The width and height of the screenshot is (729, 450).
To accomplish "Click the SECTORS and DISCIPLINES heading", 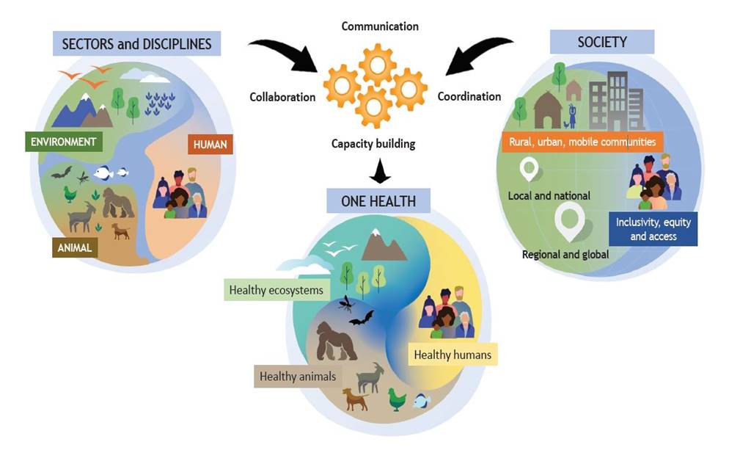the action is [136, 44].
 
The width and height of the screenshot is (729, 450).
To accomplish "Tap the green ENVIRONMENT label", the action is [63, 142].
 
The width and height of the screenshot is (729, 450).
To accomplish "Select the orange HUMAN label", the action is [210, 145].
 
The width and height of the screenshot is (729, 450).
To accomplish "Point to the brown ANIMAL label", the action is [74, 247].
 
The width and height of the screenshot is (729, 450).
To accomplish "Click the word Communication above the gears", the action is [380, 26].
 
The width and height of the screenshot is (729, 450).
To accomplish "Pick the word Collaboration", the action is [282, 97].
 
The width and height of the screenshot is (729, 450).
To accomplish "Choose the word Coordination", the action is [469, 96].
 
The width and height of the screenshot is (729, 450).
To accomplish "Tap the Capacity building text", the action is [373, 144].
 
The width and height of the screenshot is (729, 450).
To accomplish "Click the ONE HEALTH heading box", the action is [378, 200].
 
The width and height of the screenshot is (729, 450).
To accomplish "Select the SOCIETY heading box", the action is [602, 42].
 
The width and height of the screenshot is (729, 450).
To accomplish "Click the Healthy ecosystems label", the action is [276, 290].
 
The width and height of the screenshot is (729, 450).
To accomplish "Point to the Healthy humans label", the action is [453, 355].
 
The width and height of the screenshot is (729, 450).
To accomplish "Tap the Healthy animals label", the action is [298, 376].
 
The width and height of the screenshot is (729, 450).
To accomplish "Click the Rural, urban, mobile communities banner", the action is [582, 142].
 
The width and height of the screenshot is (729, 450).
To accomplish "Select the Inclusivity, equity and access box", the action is [653, 229].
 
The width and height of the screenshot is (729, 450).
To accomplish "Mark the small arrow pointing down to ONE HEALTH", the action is [380, 171].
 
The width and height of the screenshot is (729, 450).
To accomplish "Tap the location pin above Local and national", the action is [529, 169].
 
